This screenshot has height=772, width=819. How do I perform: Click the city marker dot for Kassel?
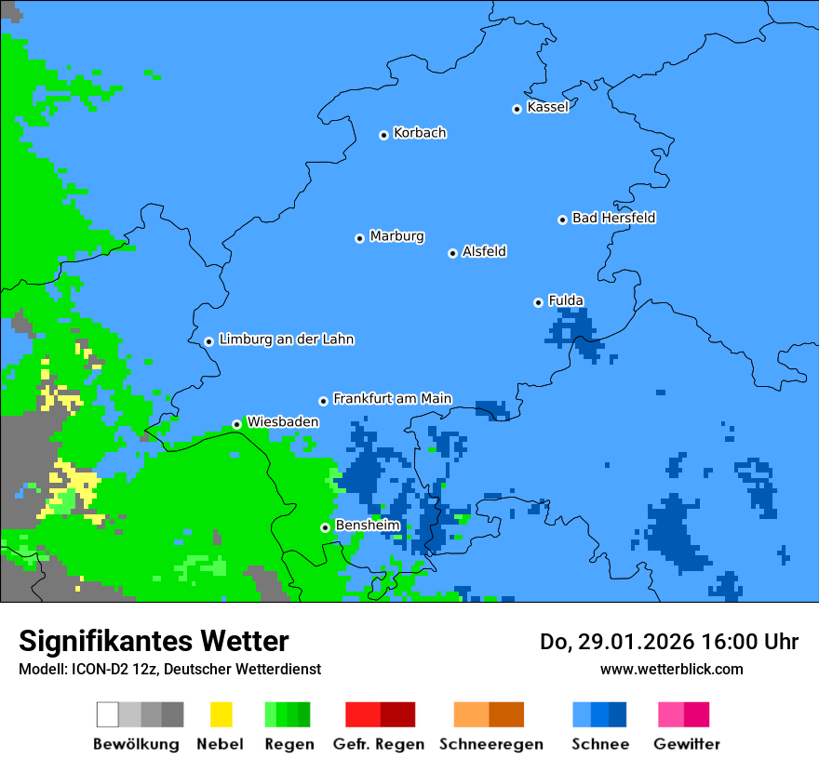pos(517,109)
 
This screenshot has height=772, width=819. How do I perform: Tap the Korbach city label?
pos(420,133)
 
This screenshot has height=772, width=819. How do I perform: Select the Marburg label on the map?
pos(396,236)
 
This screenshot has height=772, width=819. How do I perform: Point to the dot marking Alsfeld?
pos(452,253)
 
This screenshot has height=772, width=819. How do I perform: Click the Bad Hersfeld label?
pos(613,219)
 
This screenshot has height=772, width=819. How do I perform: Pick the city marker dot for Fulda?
pos(538,302)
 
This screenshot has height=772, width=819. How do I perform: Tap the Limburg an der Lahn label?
pos(286,339)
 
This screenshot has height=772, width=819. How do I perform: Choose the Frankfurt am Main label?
pos(392,399)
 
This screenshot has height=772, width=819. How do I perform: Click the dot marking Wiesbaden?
pos(236,424)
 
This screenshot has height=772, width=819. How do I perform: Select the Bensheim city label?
pos(367,526)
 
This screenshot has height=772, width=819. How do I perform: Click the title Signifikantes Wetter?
pos(154,641)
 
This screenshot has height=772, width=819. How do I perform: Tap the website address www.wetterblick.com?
pos(671,669)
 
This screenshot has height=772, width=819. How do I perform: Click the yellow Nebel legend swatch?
pos(221,714)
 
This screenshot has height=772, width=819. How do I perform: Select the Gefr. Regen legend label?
pos(379,744)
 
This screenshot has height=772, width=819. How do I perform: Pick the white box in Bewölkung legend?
pos(108,714)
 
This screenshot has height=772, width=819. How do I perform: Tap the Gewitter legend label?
pos(686,744)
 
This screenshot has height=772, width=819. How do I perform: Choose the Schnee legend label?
pos(599,744)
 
